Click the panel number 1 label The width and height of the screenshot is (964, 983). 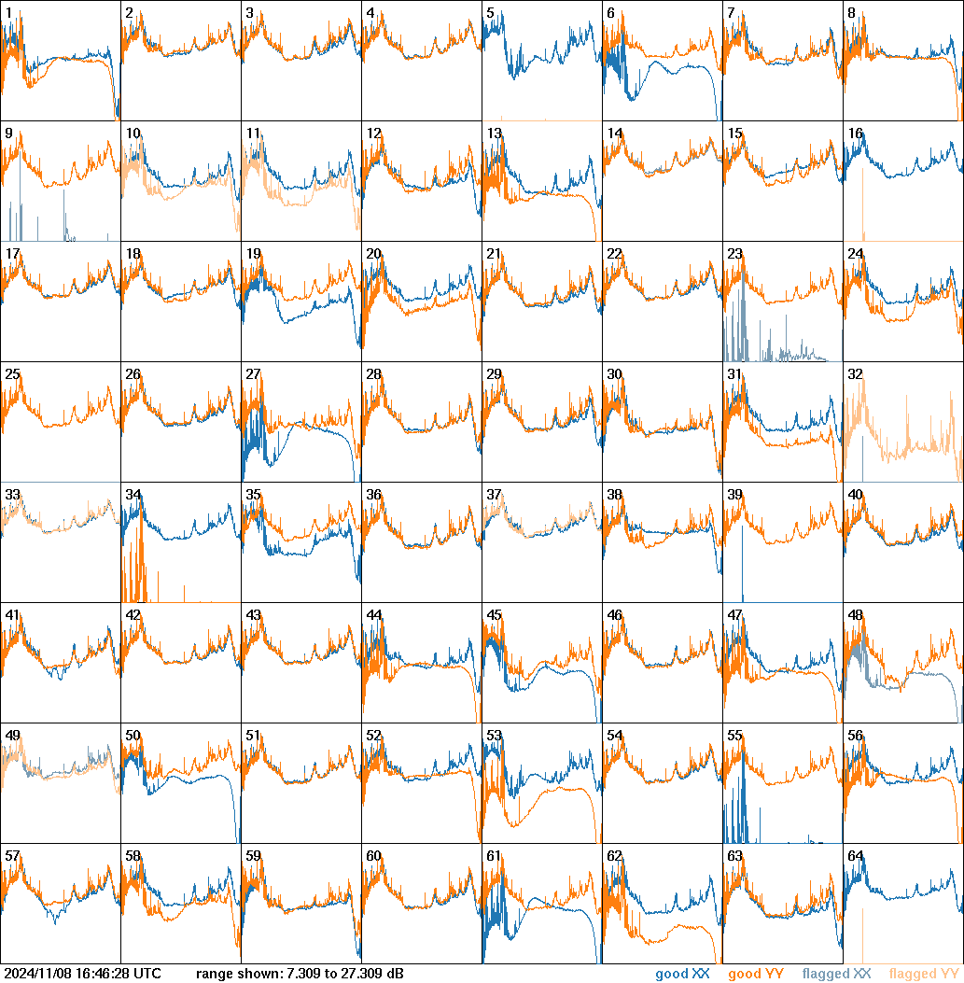(x=8, y=13)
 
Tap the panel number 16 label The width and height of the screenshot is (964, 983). (x=855, y=133)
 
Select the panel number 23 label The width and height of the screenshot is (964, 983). (x=734, y=254)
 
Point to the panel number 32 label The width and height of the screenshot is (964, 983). (x=855, y=374)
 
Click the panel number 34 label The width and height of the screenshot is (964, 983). (x=133, y=495)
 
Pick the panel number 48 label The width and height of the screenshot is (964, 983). (x=855, y=615)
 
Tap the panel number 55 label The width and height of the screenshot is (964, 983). (x=734, y=736)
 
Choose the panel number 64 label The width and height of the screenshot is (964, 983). (x=855, y=856)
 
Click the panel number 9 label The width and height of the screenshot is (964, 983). (x=8, y=133)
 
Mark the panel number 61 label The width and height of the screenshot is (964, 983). (x=494, y=856)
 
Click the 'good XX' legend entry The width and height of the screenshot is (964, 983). (x=682, y=975)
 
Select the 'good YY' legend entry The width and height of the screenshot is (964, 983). (x=755, y=975)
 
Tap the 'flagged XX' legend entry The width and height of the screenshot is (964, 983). (x=836, y=975)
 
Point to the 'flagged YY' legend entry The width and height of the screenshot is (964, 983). (x=923, y=975)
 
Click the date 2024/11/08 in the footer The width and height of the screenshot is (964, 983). (x=37, y=975)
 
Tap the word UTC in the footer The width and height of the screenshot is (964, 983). (x=147, y=975)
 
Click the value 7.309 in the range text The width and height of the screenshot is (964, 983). (x=305, y=975)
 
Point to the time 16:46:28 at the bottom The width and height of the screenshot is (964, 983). (x=103, y=975)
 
